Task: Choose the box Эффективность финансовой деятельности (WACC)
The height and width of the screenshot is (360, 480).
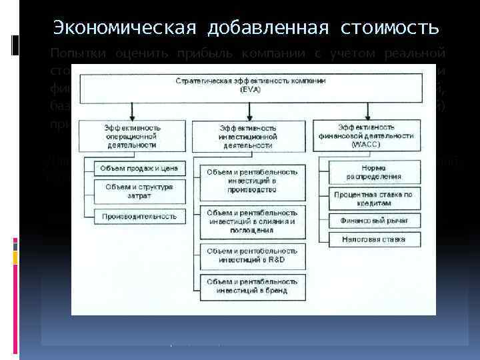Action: point(375,135)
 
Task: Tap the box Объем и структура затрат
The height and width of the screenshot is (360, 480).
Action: point(138,191)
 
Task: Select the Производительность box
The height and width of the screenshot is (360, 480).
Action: point(138,216)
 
